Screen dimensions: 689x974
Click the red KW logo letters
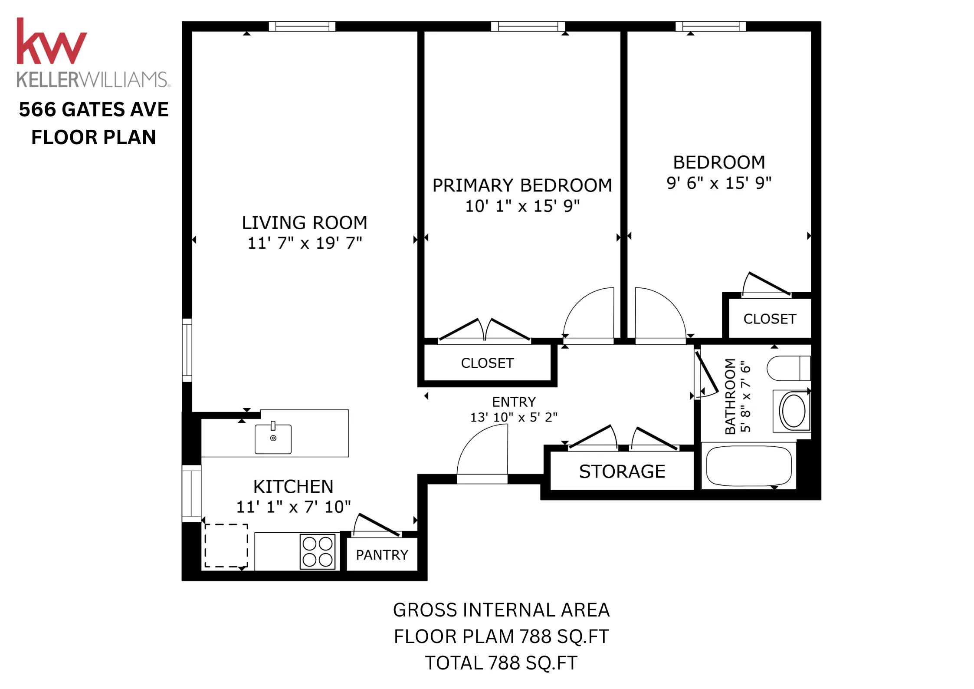[x=51, y=42]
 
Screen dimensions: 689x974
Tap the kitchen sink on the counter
[x=273, y=439]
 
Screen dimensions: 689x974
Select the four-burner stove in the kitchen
[x=318, y=551]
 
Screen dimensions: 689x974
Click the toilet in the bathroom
[x=788, y=368]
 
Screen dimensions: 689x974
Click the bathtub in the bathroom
[x=749, y=466]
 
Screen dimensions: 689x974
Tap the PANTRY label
[x=382, y=555]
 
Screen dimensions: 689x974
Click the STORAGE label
[x=622, y=471]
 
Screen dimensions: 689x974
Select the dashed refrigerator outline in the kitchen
[x=226, y=545]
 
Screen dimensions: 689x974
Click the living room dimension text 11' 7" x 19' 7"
[x=305, y=243]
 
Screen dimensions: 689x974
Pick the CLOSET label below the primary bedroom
[x=487, y=363]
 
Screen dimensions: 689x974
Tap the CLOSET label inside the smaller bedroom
[x=770, y=319]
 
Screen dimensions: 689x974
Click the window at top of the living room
[x=302, y=26]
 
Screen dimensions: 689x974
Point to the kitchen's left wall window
[x=191, y=493]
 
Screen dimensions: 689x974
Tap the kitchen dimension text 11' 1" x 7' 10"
[x=293, y=507]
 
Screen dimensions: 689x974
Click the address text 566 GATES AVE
[x=94, y=109]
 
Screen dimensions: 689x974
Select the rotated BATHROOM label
[x=730, y=396]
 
